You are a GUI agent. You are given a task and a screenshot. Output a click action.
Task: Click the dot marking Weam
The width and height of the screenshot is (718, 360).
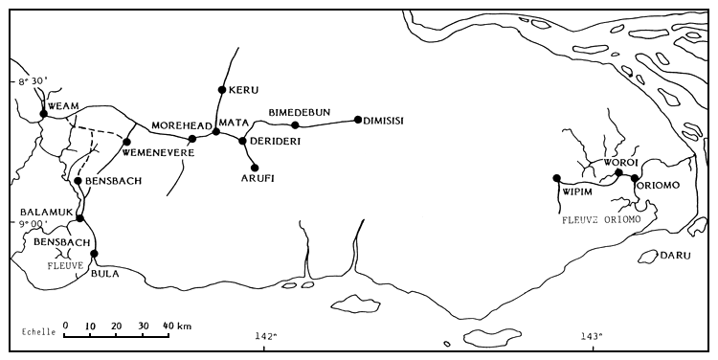click(x=43, y=114)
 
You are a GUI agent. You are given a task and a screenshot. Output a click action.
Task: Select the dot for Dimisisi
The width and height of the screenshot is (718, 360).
click(x=357, y=120)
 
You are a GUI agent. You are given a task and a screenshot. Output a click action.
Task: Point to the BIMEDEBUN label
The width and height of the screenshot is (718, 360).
click(x=300, y=113)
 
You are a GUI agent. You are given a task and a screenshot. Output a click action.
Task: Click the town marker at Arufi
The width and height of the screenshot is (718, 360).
click(x=255, y=167)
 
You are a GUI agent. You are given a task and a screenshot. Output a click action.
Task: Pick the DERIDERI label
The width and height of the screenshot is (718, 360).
click(x=277, y=141)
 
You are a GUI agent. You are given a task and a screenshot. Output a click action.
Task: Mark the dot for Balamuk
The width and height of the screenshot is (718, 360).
click(x=80, y=218)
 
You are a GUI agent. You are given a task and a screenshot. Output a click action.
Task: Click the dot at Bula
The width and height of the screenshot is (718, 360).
click(x=94, y=254)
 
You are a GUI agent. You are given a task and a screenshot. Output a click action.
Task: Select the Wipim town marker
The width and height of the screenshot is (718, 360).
click(x=556, y=178)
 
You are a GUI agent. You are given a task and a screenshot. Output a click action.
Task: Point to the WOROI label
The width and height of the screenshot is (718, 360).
click(x=620, y=161)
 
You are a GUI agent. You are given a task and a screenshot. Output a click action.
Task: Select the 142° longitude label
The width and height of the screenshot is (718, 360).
click(x=266, y=336)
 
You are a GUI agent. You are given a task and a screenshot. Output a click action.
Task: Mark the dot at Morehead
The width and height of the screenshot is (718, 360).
click(x=192, y=139)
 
